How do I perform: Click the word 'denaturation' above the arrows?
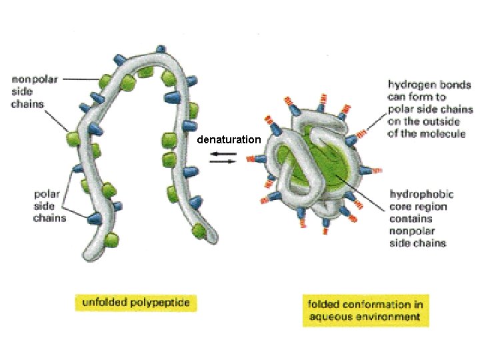pyautogui.click(x=229, y=140)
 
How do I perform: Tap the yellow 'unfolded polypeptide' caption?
pyautogui.click(x=135, y=303)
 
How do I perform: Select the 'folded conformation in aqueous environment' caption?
pyautogui.click(x=365, y=311)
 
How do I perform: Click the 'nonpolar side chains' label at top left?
pyautogui.click(x=35, y=91)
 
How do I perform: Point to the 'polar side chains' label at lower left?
pyautogui.click(x=51, y=206)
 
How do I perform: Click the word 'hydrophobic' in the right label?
pyautogui.click(x=421, y=195)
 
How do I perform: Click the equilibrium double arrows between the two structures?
pyautogui.click(x=223, y=157)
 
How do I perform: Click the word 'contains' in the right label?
pyautogui.click(x=411, y=219)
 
